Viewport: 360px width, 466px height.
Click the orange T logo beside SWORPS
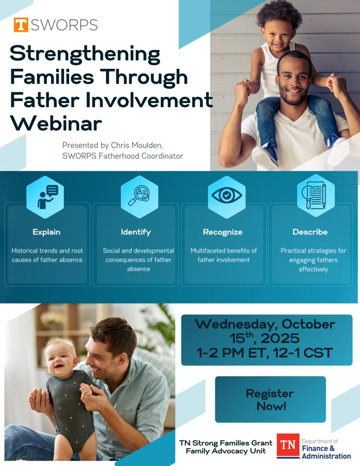tap(21, 25)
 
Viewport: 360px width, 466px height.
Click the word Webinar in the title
tap(56, 123)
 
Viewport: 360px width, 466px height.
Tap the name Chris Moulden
tap(137, 145)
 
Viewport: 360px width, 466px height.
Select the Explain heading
tap(46, 232)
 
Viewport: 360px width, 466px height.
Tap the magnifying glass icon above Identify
tap(139, 196)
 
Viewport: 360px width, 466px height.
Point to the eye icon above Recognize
tap(227, 195)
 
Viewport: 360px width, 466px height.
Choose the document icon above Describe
tap(314, 196)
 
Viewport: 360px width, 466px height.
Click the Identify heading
tap(136, 232)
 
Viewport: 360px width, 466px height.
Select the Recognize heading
tap(223, 232)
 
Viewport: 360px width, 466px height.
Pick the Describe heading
tap(310, 232)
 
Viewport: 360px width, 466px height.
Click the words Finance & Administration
tap(326, 452)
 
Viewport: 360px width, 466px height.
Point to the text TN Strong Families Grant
tap(226, 443)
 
